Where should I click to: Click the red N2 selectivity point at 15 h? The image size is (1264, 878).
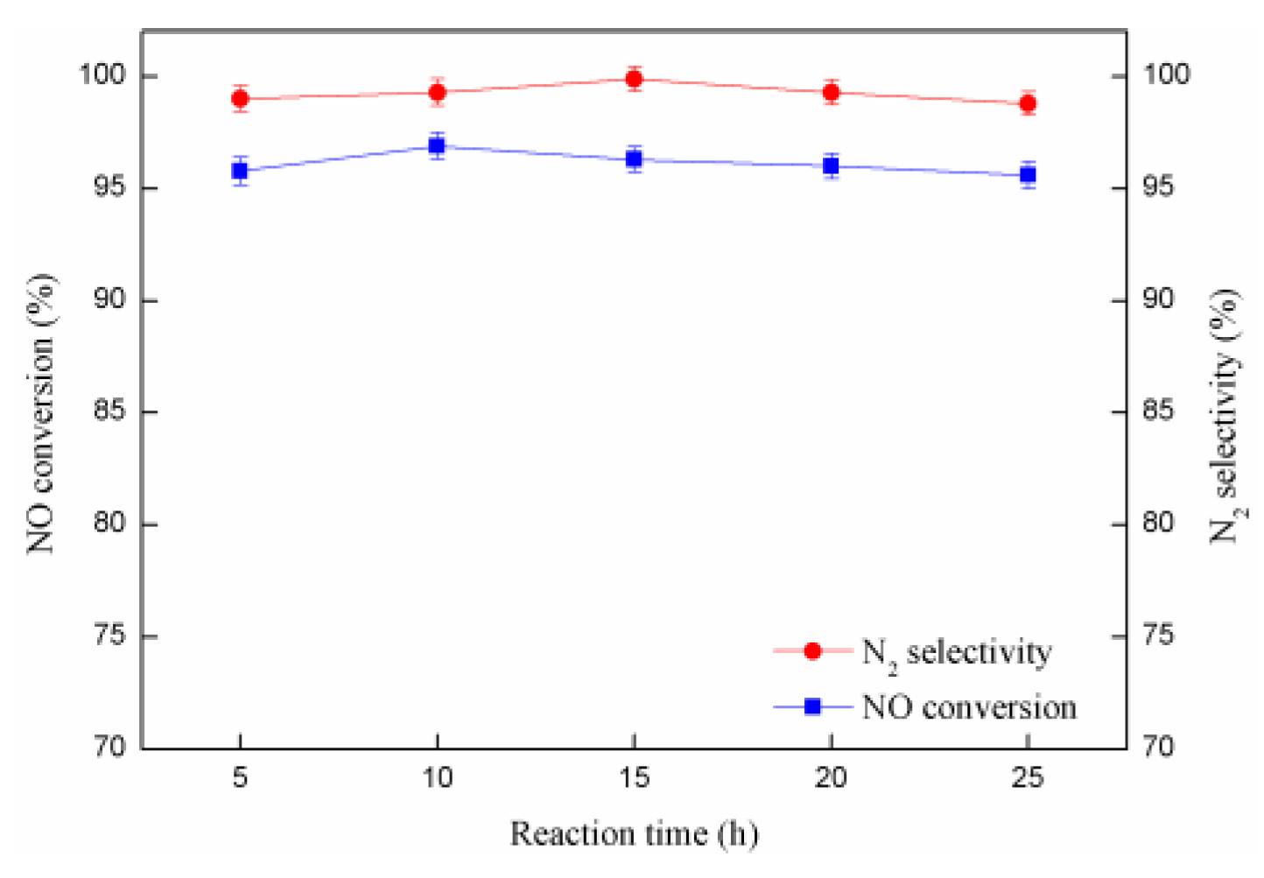[x=634, y=80]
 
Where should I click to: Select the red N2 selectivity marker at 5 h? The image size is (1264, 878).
[x=240, y=99]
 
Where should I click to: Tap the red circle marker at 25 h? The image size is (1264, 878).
[x=1028, y=103]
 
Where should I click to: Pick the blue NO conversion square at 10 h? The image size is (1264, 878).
[x=437, y=146]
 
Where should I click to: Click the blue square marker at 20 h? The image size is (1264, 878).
[x=831, y=165]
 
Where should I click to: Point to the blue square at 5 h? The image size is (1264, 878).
[x=240, y=171]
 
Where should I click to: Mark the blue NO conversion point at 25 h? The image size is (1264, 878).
[x=1028, y=175]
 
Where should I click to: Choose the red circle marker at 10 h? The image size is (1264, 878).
[x=437, y=92]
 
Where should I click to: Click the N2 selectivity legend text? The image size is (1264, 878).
[x=957, y=653]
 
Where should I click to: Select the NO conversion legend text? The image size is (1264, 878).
[x=969, y=707]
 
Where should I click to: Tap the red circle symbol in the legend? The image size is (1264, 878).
[x=812, y=651]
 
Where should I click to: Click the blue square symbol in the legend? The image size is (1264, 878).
[x=812, y=706]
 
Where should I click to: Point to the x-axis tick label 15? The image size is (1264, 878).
[x=634, y=777]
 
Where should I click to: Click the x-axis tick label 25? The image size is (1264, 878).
[x=1028, y=777]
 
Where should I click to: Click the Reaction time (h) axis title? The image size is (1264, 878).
[x=634, y=834]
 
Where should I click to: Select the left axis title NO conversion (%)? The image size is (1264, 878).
[x=41, y=413]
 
